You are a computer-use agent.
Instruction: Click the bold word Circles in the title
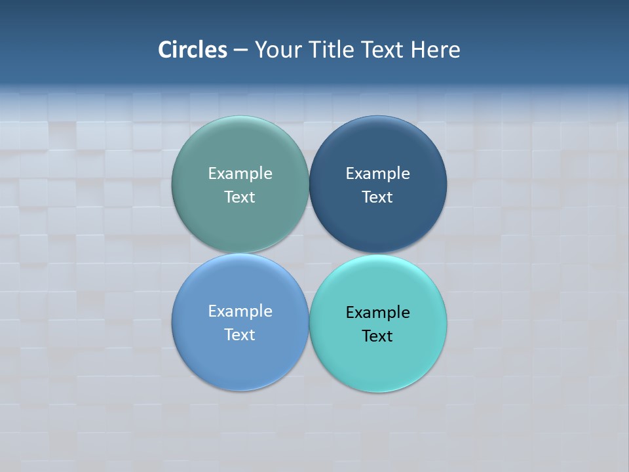coord(193,50)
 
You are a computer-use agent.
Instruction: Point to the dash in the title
coord(240,50)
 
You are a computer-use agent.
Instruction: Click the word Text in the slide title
coord(382,50)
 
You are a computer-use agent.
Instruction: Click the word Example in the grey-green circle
coord(240,174)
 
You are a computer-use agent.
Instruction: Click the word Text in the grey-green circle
coord(240,197)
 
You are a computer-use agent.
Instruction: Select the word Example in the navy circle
coord(377,174)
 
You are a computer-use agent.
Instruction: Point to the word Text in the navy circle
coord(377,197)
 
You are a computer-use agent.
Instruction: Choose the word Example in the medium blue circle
coord(240,311)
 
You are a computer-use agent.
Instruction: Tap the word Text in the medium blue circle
coord(240,335)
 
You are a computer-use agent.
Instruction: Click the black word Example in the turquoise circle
coord(377,313)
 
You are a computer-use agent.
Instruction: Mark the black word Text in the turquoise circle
coord(377,336)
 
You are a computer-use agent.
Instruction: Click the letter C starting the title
coord(165,50)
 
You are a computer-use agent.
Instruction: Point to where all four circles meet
coord(309,254)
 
